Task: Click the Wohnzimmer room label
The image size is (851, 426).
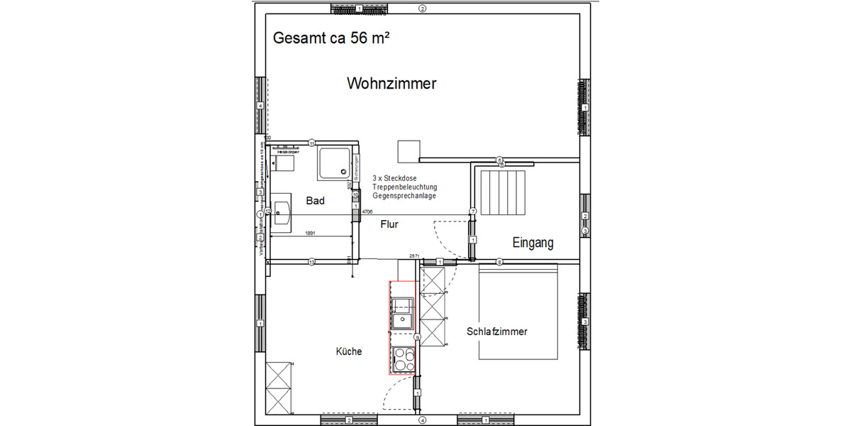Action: [391, 84]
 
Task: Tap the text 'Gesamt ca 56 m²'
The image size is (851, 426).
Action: [331, 39]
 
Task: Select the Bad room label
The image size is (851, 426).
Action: [316, 201]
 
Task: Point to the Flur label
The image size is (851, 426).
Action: [389, 224]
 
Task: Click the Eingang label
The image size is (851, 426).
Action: [533, 244]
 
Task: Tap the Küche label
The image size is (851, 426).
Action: [349, 351]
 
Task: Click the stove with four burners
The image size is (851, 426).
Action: [403, 359]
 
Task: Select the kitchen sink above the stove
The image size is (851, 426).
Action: [402, 314]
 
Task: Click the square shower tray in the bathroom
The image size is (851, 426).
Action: [335, 163]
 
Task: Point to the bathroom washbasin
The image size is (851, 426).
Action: [282, 212]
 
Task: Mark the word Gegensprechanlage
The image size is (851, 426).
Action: [404, 196]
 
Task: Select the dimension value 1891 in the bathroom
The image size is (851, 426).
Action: [311, 233]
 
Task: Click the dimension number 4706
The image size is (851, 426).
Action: [367, 212]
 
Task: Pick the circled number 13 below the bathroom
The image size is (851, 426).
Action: [311, 262]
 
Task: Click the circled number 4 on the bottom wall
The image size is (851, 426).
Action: [422, 420]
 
